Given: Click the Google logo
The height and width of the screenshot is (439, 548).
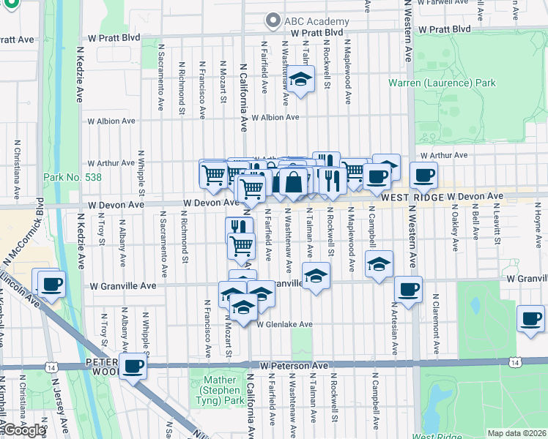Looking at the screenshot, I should [x=25, y=430].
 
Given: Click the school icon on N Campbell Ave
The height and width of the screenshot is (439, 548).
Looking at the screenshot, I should [x=379, y=263].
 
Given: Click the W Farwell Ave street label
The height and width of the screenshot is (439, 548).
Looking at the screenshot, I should [x=445, y=3].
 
